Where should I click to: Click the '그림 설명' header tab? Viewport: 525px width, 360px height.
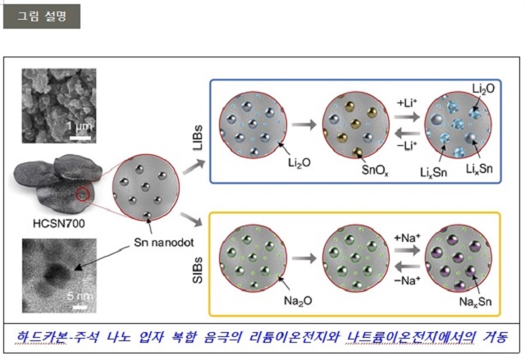(41, 16)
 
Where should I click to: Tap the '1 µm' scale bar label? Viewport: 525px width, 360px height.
(79, 126)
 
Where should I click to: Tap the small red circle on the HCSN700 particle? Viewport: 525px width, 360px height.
(84, 195)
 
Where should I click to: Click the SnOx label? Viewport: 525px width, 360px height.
(376, 171)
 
